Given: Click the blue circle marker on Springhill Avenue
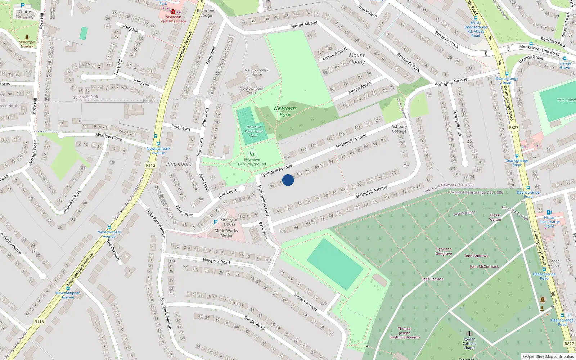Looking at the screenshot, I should tap(288, 180).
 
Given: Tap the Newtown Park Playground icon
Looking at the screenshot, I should tap(252, 154).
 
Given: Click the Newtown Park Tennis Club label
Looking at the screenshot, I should tap(254, 131).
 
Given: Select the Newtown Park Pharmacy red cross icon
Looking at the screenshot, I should tap(173, 11).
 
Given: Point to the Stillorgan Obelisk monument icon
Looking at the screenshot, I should tap(27, 37).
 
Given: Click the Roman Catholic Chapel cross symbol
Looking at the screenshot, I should tap(469, 334).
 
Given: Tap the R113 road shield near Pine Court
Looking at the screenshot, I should tap(150, 165).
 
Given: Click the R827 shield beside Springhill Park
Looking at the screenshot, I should tap(514, 127).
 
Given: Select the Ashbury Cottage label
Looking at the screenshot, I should tap(399, 129).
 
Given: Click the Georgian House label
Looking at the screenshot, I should tap(230, 221).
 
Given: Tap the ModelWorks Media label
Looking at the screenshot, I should tap(226, 233).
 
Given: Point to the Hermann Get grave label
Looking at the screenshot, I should tap(444, 251).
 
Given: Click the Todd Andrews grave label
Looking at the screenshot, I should tap(476, 256).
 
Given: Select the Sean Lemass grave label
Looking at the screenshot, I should tap(432, 279).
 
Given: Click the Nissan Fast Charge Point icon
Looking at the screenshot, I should tap(549, 212).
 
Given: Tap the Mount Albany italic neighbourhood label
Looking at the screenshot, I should tap(356, 58).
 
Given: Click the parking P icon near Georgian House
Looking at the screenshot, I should tap(216, 222).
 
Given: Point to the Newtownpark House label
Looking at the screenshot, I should tap(256, 72).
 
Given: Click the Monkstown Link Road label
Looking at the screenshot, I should tap(539, 50).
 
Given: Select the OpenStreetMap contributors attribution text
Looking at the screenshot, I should tap(548, 356).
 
